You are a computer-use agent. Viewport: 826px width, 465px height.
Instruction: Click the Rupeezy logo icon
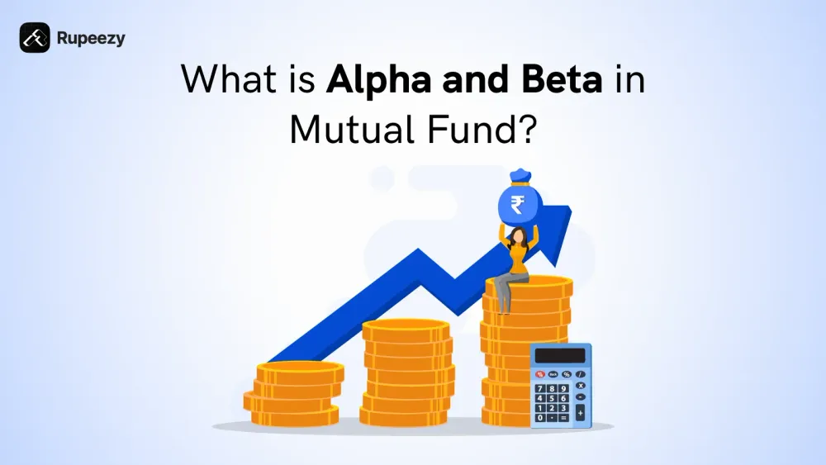click(x=35, y=37)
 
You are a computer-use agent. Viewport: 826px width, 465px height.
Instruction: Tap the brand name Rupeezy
click(x=91, y=38)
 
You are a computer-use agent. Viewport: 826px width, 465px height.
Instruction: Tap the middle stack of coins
click(x=407, y=372)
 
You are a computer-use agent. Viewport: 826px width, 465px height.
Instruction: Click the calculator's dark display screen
click(x=560, y=355)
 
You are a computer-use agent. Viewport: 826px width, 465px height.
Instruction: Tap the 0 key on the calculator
click(x=540, y=418)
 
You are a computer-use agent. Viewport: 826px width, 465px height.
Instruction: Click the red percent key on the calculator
click(x=540, y=374)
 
